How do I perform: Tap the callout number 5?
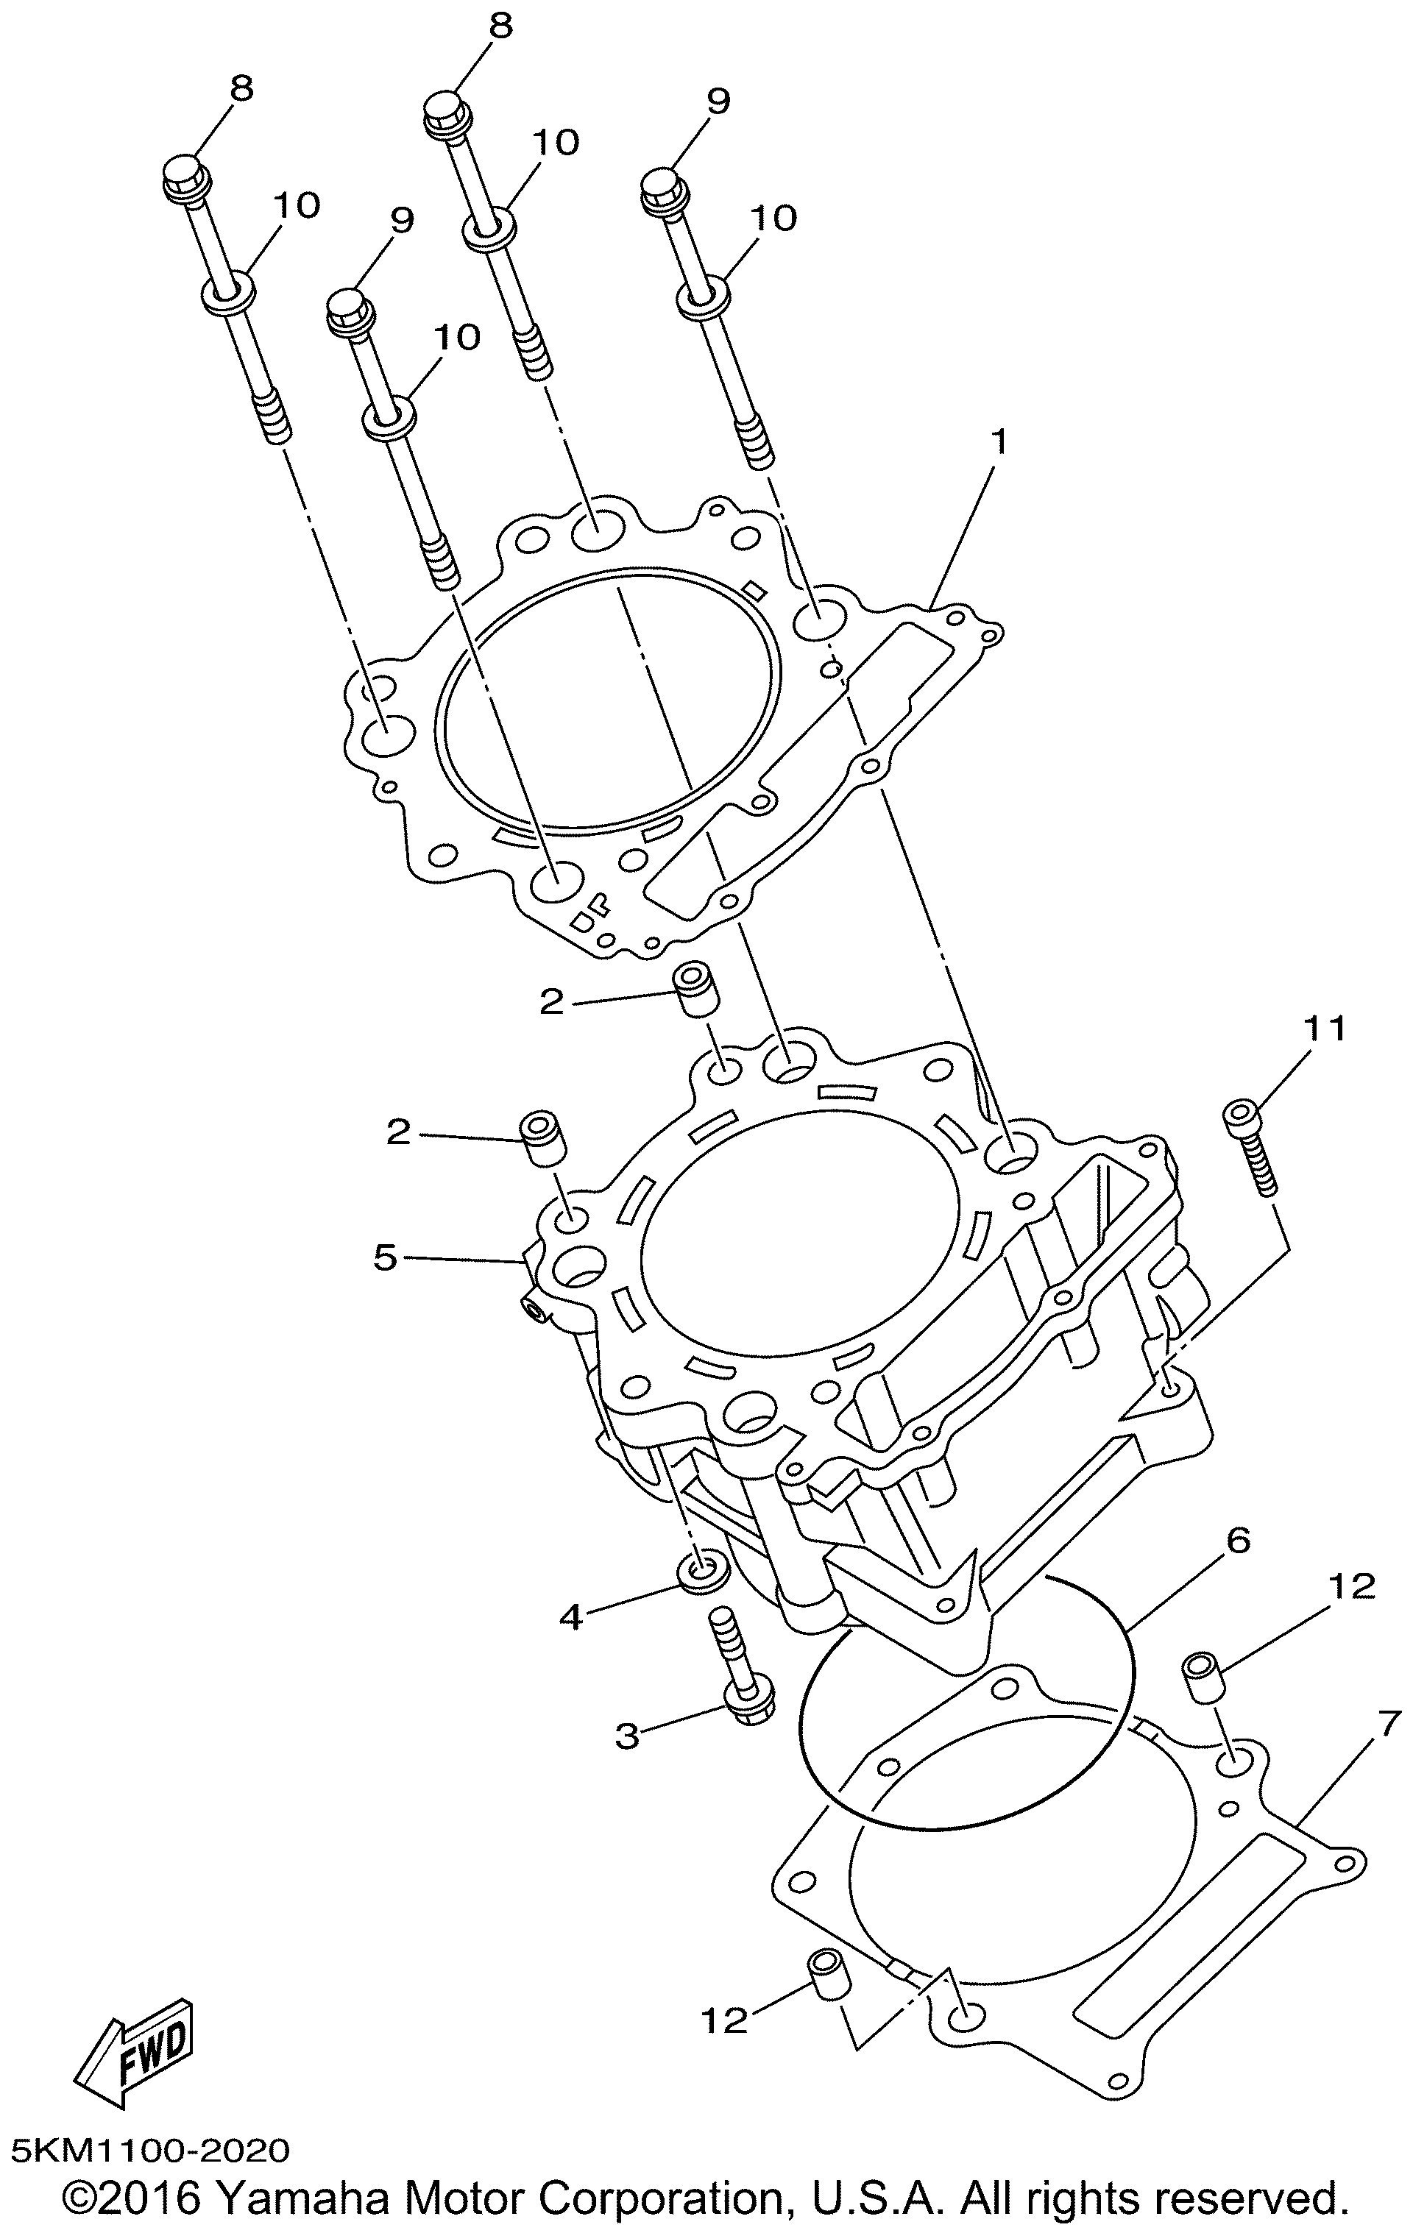click(x=385, y=1257)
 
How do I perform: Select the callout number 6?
click(x=1238, y=1540)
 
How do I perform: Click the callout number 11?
click(x=1325, y=1028)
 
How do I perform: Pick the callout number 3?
click(x=628, y=1736)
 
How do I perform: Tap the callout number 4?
click(x=570, y=1617)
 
